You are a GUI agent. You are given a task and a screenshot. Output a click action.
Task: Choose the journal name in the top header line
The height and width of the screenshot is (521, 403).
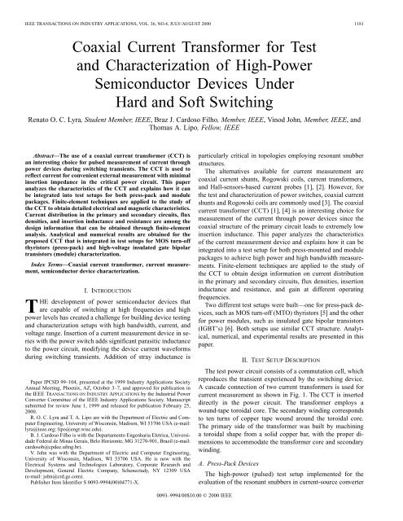coord(106,11)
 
